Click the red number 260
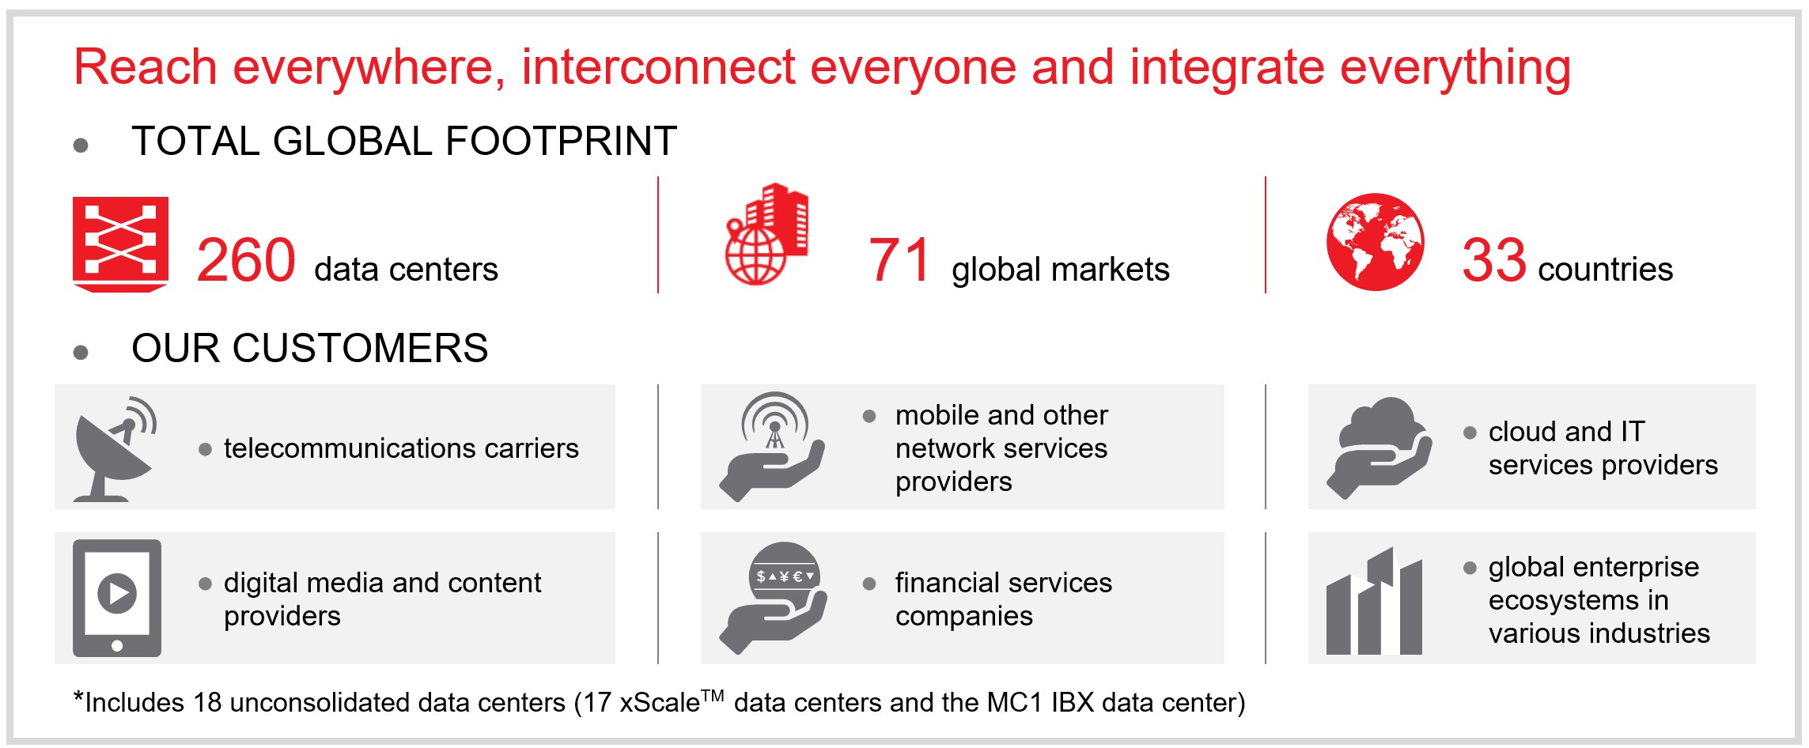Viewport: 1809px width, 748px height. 246,260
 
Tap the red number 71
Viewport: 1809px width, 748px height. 899,260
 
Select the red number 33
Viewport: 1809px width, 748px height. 1493,260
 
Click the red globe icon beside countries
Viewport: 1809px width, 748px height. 1376,242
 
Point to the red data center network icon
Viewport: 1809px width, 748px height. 120,244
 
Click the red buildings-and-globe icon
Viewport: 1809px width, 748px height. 766,234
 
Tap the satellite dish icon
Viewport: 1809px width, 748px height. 115,448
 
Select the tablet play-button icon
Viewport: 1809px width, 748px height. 117,598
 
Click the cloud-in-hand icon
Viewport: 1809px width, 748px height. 1379,448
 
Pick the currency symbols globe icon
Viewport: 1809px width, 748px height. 774,598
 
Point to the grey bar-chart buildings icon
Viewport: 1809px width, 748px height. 1374,601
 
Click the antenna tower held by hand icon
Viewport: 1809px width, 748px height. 772,447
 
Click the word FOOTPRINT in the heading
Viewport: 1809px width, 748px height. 562,142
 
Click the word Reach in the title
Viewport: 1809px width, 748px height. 146,66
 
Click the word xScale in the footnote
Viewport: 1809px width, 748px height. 660,702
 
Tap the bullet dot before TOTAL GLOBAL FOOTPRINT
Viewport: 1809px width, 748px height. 81,145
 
